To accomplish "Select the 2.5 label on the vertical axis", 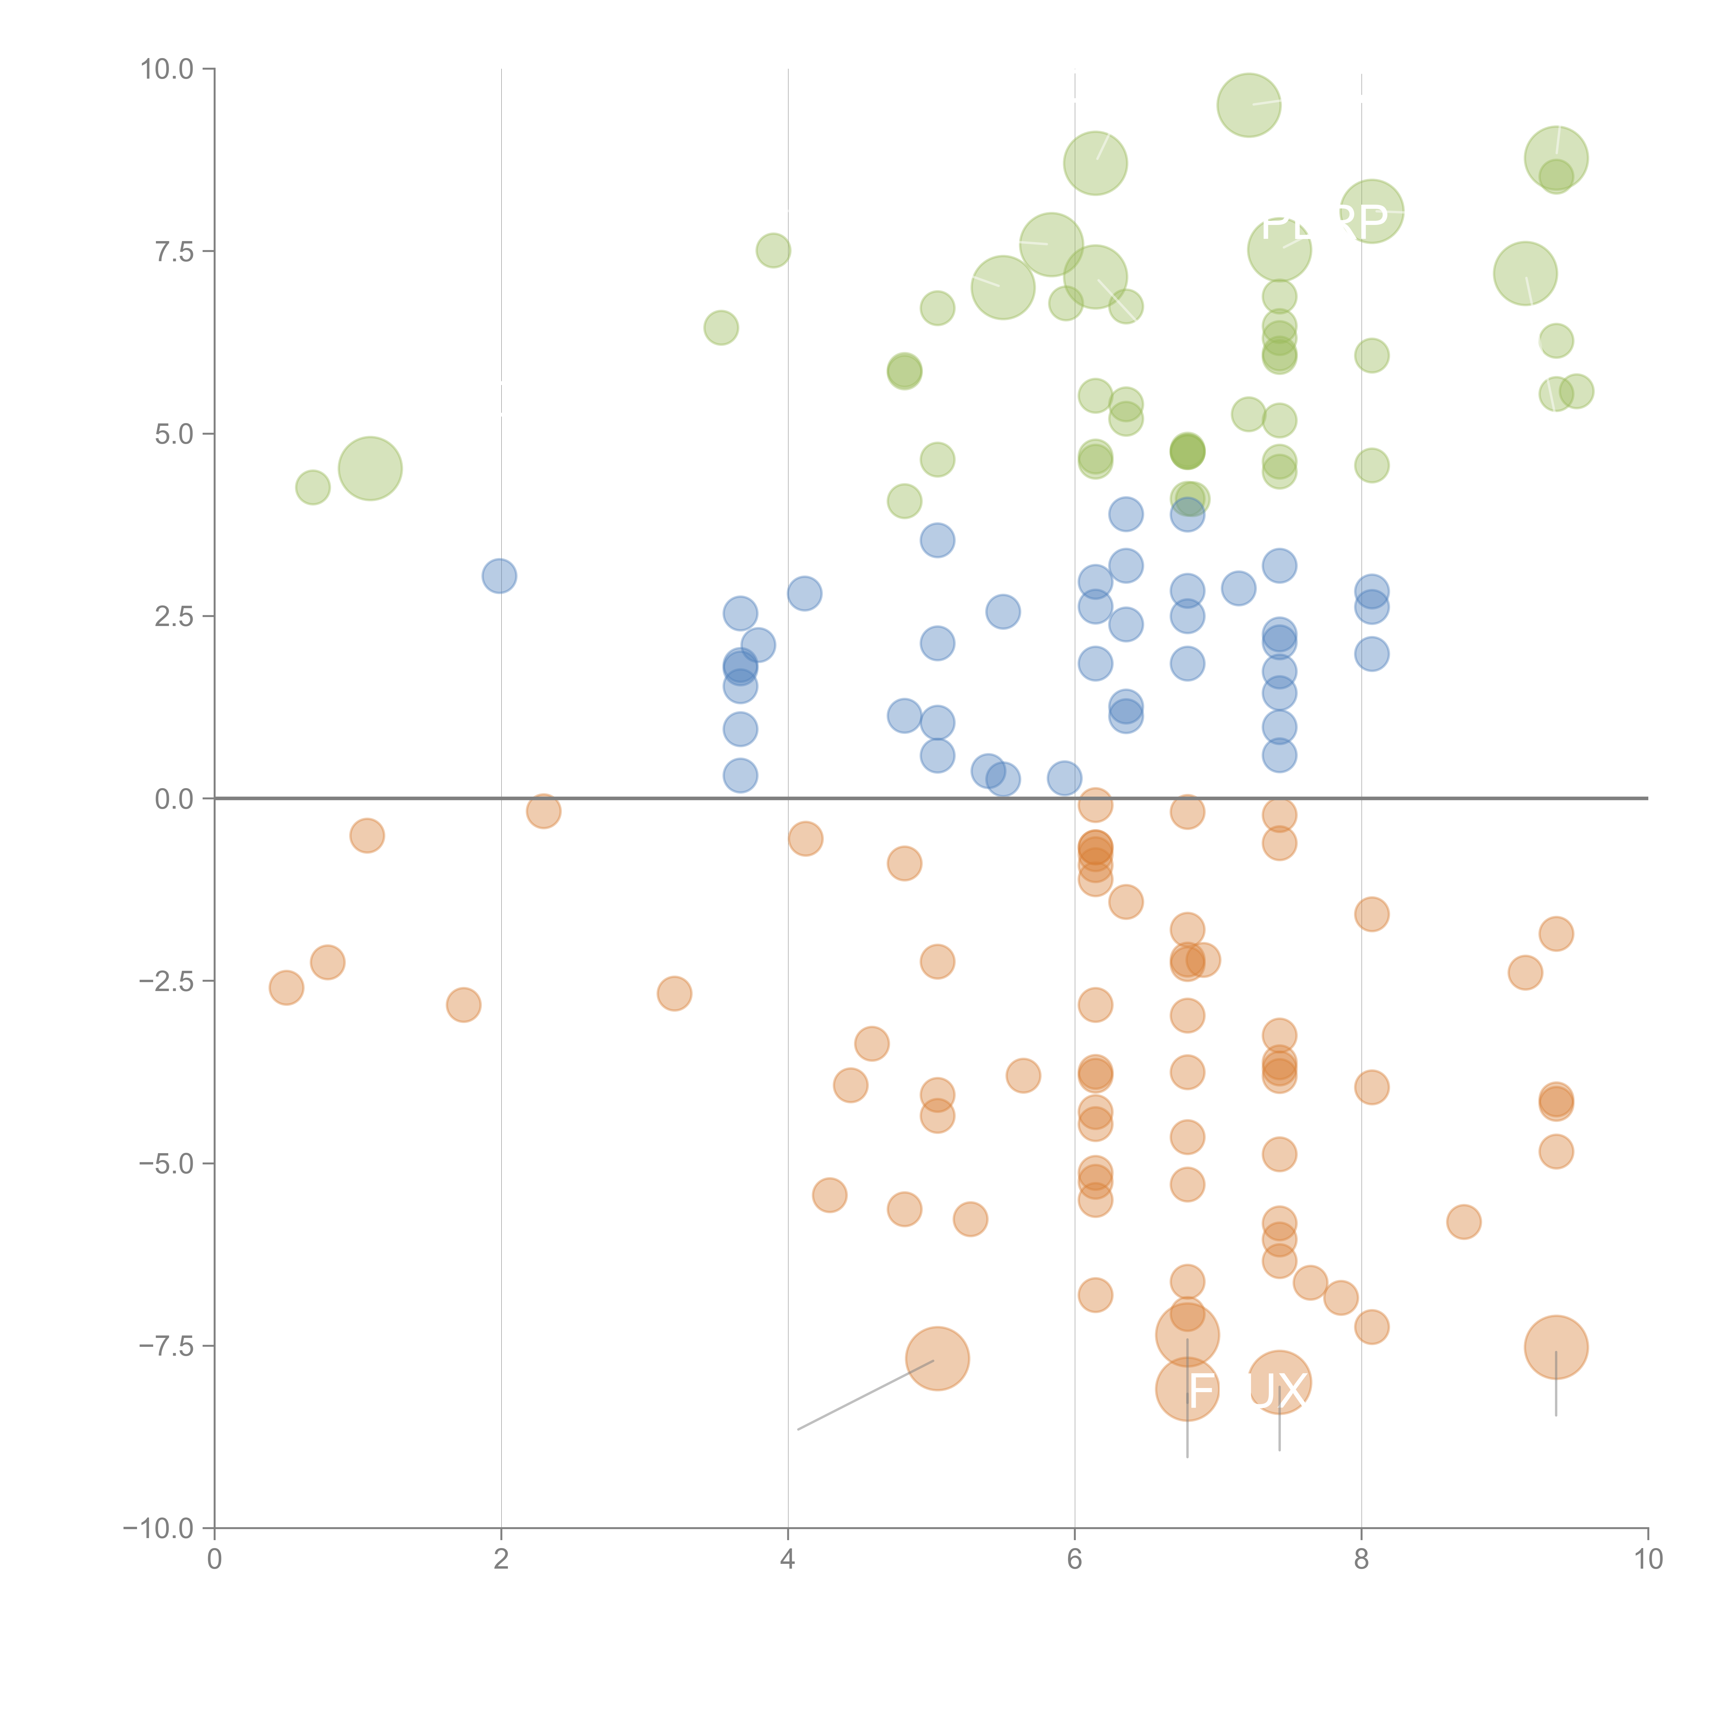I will point(174,617).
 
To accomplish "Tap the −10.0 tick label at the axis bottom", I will point(158,1528).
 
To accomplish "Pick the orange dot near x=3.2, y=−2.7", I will point(674,993).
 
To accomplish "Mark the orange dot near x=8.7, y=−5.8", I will point(1464,1222).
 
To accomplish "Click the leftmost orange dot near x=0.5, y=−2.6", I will point(286,987).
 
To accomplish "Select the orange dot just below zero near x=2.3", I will point(543,810).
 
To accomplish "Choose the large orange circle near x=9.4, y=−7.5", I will point(1555,1347).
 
